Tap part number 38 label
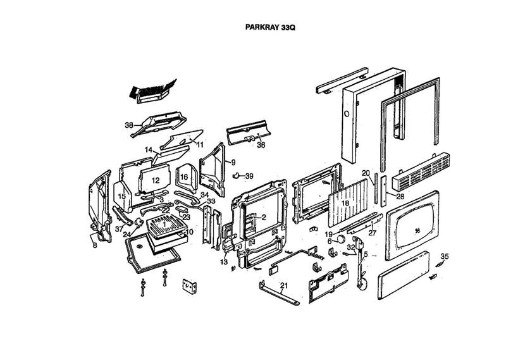pyautogui.click(x=129, y=125)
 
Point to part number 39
pyautogui.click(x=249, y=176)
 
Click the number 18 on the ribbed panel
pyautogui.click(x=345, y=204)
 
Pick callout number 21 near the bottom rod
pyautogui.click(x=284, y=286)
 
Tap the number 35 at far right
pyautogui.click(x=445, y=256)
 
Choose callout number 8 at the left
pyautogui.click(x=94, y=245)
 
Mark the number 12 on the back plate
pyautogui.click(x=154, y=180)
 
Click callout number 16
pyautogui.click(x=184, y=177)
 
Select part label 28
pyautogui.click(x=400, y=197)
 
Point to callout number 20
pyautogui.click(x=366, y=173)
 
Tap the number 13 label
pyautogui.click(x=223, y=262)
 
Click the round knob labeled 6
pyautogui.click(x=341, y=239)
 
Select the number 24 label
pyautogui.click(x=126, y=234)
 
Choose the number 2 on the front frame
pyautogui.click(x=264, y=217)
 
